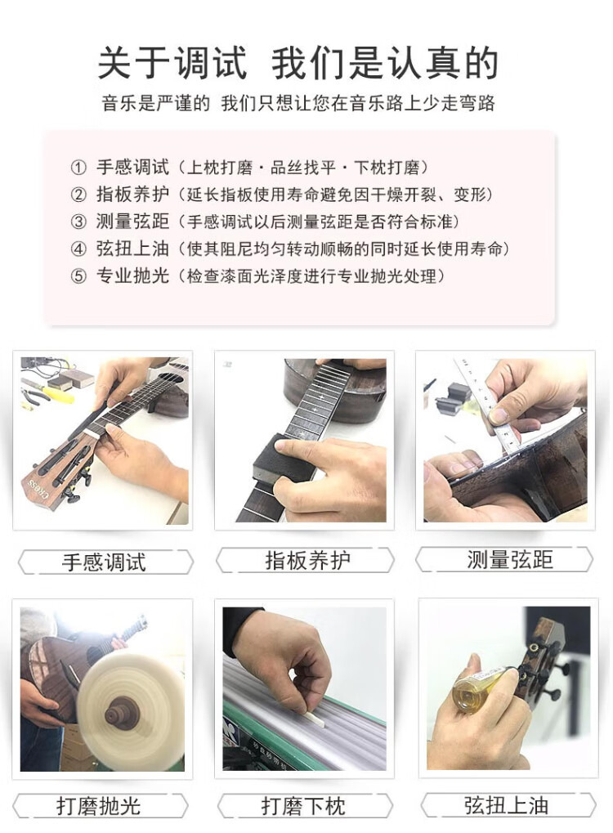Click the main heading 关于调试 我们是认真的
coord(298,63)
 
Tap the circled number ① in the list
coord(78,168)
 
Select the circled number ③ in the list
coord(78,222)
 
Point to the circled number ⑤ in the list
coord(78,276)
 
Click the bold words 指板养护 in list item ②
coord(132,195)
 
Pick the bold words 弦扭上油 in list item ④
coord(132,249)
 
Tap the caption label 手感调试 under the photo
coord(104,562)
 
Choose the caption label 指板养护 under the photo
coord(307,561)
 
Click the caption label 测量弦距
coord(510,560)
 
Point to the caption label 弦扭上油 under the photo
coord(506,805)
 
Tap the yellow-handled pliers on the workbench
coord(46,393)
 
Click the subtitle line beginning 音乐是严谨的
coord(298,103)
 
